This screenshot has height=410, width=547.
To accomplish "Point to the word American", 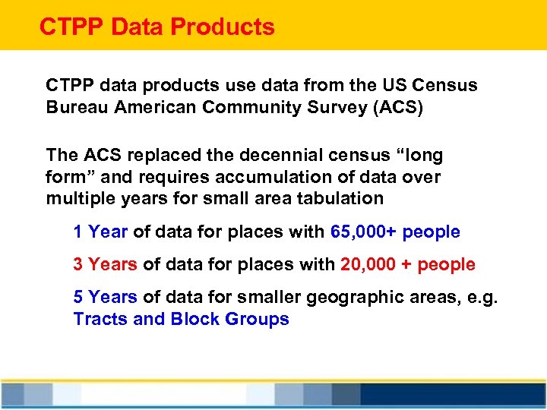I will (x=155, y=107).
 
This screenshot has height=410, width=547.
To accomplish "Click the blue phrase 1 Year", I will (x=100, y=232).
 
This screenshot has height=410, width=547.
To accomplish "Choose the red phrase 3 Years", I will (x=105, y=264).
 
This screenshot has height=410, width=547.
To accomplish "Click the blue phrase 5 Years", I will (x=105, y=297).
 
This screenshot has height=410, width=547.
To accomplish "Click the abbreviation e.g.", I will (x=482, y=297).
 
